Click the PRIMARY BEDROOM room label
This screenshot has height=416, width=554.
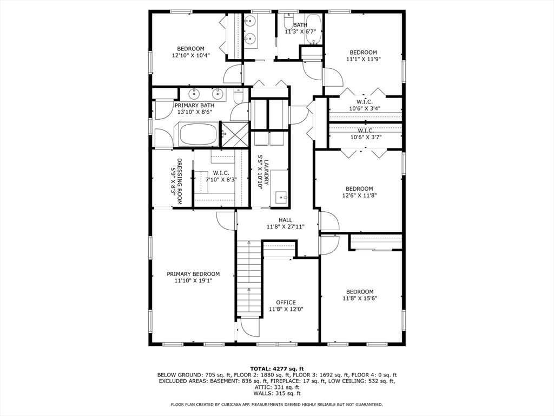click(193, 274)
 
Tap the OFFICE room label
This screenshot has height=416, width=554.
click(286, 302)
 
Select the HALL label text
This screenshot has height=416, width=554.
click(286, 220)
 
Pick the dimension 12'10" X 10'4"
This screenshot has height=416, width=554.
click(191, 55)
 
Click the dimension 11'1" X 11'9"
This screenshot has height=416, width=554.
click(363, 60)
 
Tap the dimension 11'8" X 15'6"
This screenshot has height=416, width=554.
click(360, 298)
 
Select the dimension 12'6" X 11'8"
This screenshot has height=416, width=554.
click(359, 196)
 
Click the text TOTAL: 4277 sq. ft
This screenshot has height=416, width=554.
click(276, 368)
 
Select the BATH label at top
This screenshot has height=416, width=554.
click(300, 25)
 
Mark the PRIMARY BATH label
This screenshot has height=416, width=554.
click(194, 105)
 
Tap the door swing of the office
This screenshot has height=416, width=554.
click(249, 327)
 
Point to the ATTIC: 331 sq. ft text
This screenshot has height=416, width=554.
click(276, 387)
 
